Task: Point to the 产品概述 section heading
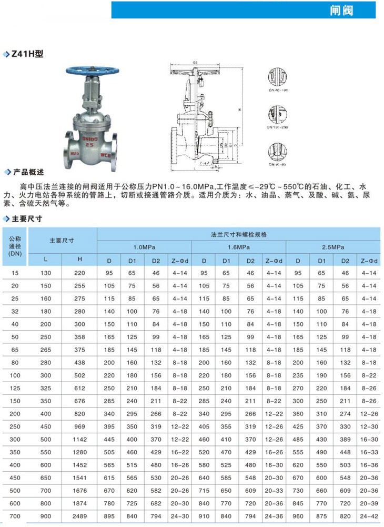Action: coord(28,172)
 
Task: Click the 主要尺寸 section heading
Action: coord(28,218)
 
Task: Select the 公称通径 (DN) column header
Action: coord(14,245)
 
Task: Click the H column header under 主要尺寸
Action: coord(79,260)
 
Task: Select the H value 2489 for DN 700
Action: coord(79,516)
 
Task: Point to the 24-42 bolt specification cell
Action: coord(369,516)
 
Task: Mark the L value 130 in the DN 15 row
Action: coord(46,273)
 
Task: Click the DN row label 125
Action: coord(14,389)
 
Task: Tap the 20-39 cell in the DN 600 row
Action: coord(369,503)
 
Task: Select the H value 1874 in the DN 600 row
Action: coord(79,503)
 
